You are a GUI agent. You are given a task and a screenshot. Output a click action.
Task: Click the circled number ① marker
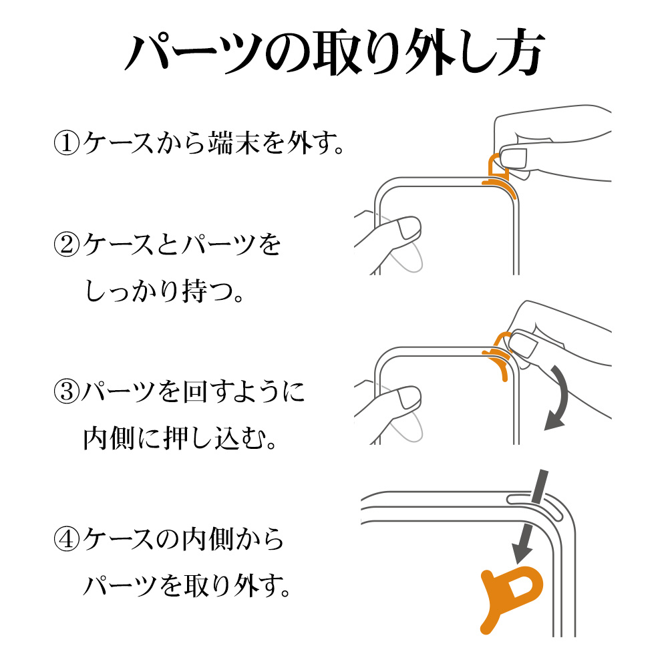point(66,143)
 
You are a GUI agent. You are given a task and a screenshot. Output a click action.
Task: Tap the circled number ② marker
point(66,244)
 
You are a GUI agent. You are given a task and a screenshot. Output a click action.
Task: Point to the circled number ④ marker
point(66,538)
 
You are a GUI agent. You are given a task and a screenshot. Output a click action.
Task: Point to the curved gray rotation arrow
point(563,396)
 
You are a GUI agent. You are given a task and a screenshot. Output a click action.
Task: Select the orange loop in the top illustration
point(497,165)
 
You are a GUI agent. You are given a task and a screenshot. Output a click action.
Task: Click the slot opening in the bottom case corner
point(535,505)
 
